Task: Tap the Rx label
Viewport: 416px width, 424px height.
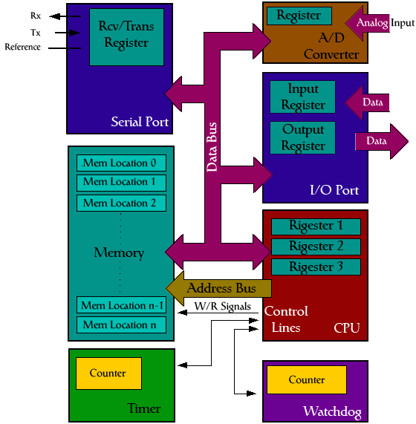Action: [36, 16]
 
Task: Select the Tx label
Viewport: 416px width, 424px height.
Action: [36, 33]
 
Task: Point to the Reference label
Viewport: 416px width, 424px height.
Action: [23, 48]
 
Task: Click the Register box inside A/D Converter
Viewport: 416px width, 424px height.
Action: [299, 16]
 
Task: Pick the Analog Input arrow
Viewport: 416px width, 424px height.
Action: [371, 23]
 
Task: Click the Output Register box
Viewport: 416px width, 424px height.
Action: [302, 137]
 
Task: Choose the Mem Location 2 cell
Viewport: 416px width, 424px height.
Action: [121, 203]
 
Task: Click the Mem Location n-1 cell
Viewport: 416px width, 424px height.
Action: [121, 305]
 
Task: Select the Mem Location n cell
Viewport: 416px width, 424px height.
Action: [121, 324]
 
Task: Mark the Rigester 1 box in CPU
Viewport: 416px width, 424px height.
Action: [316, 226]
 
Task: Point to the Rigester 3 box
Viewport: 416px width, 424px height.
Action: [316, 267]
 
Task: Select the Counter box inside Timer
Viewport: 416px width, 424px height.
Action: [108, 374]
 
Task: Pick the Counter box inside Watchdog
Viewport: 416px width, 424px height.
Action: [307, 380]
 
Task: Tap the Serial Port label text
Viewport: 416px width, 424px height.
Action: [140, 122]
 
